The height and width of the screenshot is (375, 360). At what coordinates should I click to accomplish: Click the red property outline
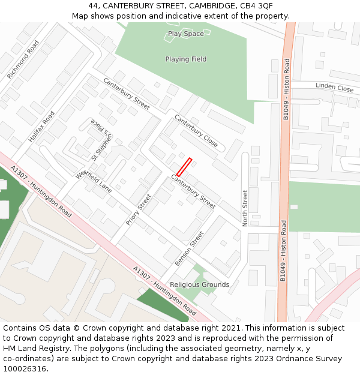tap(184, 167)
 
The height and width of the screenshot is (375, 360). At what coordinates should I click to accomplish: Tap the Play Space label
tap(186, 34)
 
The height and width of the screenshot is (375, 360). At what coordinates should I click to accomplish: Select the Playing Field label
tap(186, 59)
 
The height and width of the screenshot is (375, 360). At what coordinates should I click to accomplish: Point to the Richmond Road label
tap(23, 60)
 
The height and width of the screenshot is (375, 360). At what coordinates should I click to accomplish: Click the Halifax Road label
tap(41, 127)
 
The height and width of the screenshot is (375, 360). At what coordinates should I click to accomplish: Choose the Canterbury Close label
tap(196, 131)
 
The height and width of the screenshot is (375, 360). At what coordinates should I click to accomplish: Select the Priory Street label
tap(139, 209)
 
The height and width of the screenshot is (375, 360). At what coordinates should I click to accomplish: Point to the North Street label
tap(245, 208)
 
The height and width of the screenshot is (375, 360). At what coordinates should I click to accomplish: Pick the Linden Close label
tap(334, 88)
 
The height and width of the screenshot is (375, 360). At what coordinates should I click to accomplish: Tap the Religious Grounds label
tap(199, 284)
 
